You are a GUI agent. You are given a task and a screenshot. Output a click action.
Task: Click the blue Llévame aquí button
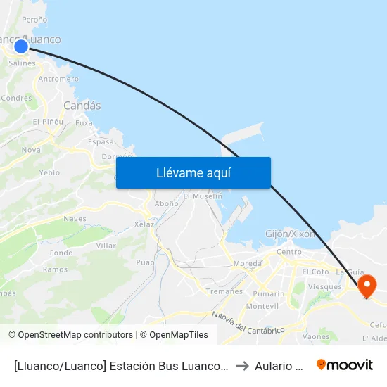point(193,172)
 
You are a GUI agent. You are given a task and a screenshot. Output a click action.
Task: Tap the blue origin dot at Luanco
point(21,46)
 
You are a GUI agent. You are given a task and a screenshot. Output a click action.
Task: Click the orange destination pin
point(367,286)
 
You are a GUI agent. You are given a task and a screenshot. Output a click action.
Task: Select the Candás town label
point(82,106)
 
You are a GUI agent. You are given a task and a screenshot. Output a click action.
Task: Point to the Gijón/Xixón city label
point(291,234)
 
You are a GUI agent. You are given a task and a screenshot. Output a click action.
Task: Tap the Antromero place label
point(58,79)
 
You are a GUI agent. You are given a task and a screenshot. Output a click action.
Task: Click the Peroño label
point(34,20)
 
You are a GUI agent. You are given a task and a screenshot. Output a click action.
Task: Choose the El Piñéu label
point(48,122)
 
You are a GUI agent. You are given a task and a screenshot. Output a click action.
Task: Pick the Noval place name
point(32,150)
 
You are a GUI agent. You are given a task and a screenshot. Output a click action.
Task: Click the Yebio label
point(49,172)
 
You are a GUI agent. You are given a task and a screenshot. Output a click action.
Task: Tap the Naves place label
point(75,219)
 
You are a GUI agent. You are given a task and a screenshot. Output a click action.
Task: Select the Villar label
point(106,246)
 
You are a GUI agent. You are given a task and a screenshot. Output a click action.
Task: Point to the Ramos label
point(55,269)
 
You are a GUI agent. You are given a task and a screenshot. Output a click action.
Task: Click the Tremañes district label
point(225,291)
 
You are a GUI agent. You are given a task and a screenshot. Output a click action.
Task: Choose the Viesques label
point(324,286)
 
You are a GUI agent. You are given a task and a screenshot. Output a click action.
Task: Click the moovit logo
point(345,364)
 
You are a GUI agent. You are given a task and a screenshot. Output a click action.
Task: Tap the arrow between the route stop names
point(242,365)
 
